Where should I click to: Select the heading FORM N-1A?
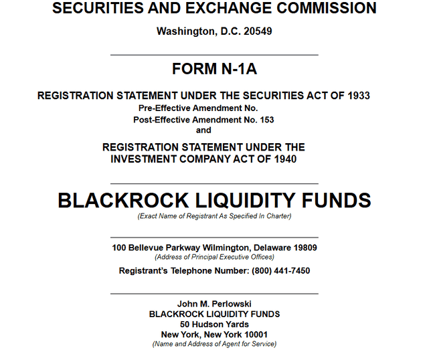(214, 69)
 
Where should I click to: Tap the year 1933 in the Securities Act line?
(359, 96)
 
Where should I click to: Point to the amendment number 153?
(266, 120)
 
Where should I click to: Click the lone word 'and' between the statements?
(203, 130)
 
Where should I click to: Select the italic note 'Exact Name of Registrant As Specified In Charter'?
(214, 216)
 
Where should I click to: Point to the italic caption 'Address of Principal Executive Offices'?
(214, 257)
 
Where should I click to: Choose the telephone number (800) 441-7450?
(280, 271)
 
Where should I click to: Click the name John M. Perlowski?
(214, 304)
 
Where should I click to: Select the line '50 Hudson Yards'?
(214, 324)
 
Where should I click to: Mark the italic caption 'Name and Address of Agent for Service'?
(214, 344)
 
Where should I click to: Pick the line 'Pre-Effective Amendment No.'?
(198, 108)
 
